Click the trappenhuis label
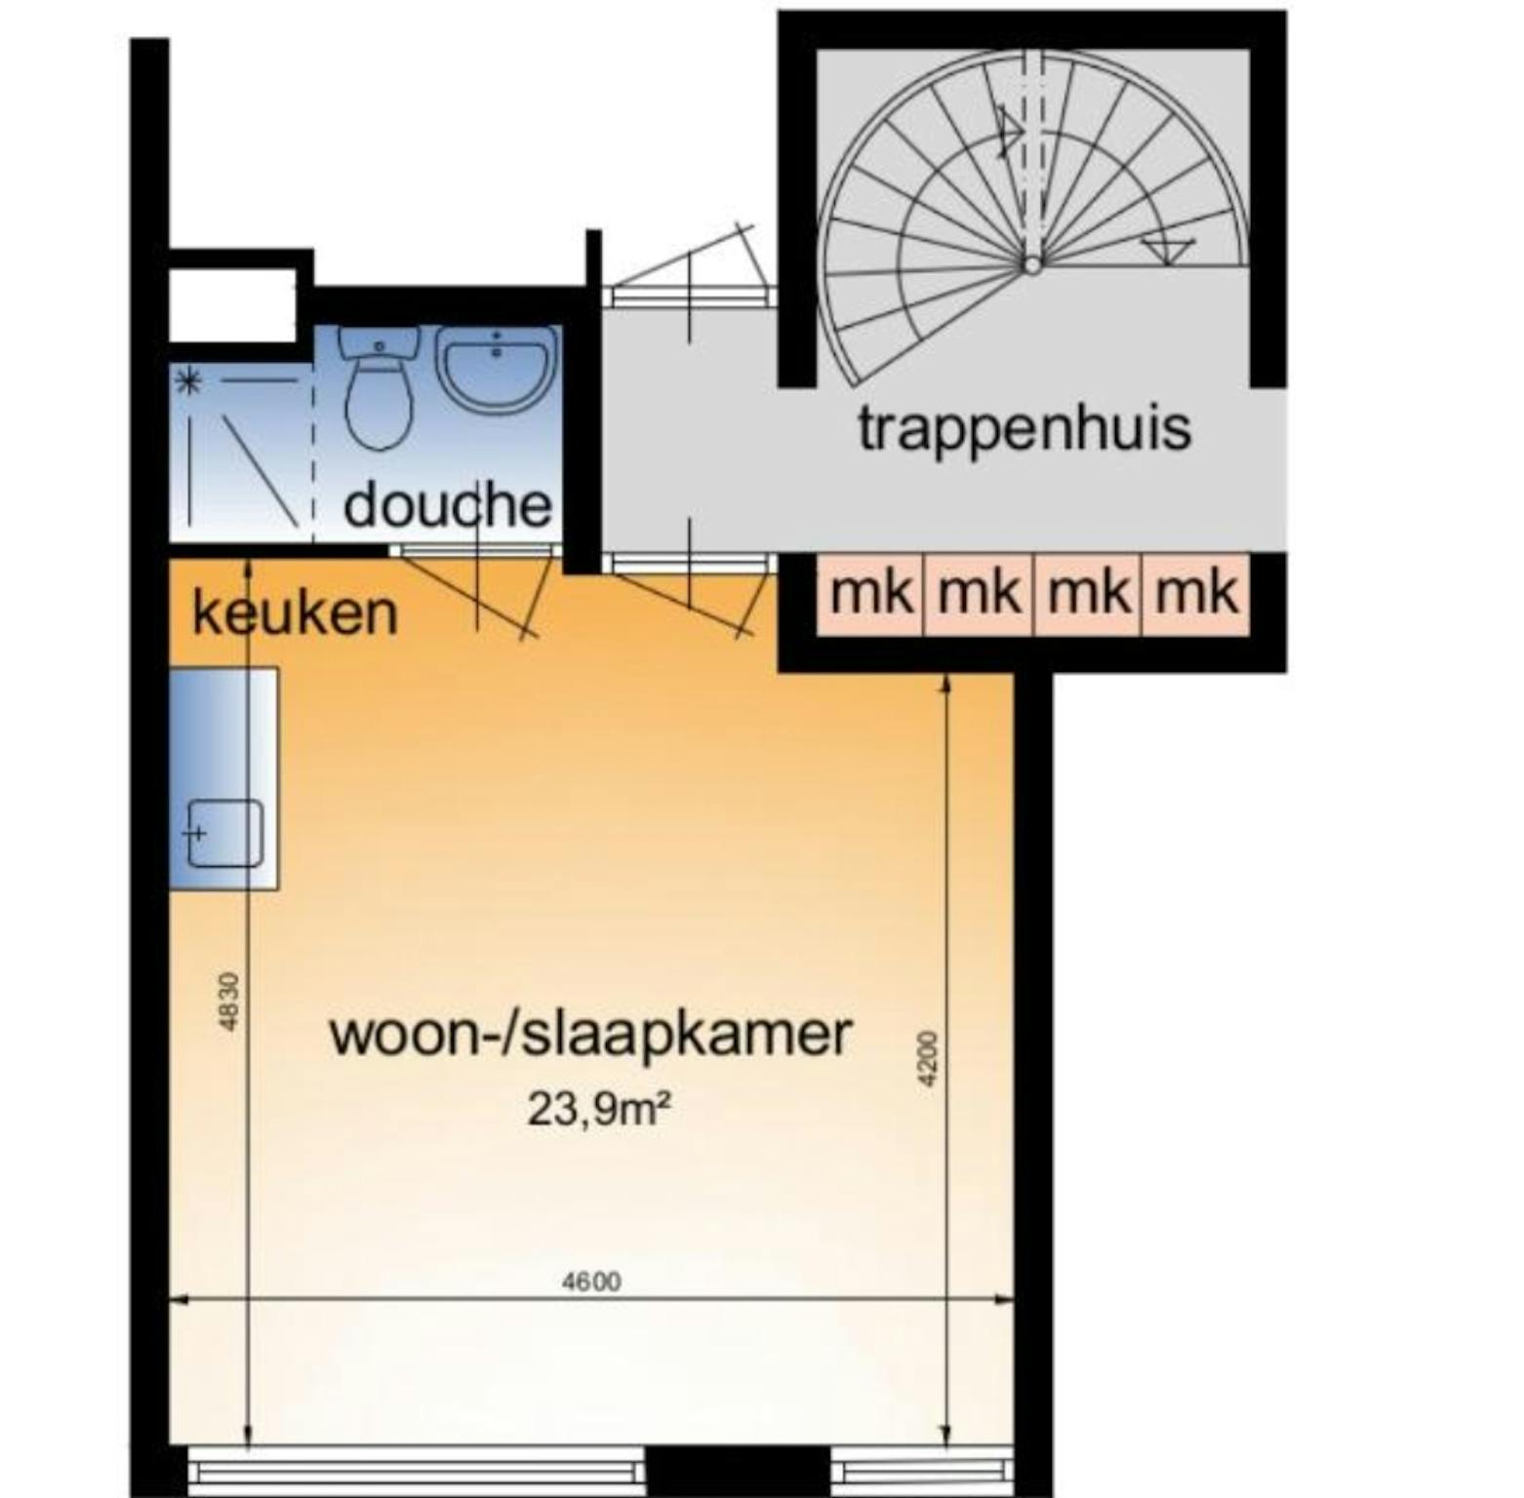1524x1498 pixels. click(x=1024, y=429)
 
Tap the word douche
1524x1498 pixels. click(x=448, y=505)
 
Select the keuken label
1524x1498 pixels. click(x=295, y=613)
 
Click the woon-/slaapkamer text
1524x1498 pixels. click(x=590, y=1034)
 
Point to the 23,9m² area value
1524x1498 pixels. click(x=599, y=1109)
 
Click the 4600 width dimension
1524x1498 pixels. click(x=591, y=1281)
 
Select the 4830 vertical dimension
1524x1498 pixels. click(x=227, y=1001)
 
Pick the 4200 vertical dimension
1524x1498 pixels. click(x=928, y=1058)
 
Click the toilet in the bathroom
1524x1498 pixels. click(x=380, y=390)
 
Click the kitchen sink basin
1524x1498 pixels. click(x=225, y=833)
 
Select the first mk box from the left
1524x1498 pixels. click(x=871, y=594)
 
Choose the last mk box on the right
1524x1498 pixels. click(x=1196, y=594)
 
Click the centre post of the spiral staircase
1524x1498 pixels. click(x=1031, y=264)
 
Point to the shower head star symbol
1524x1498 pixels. click(x=188, y=382)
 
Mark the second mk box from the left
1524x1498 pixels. click(x=979, y=594)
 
